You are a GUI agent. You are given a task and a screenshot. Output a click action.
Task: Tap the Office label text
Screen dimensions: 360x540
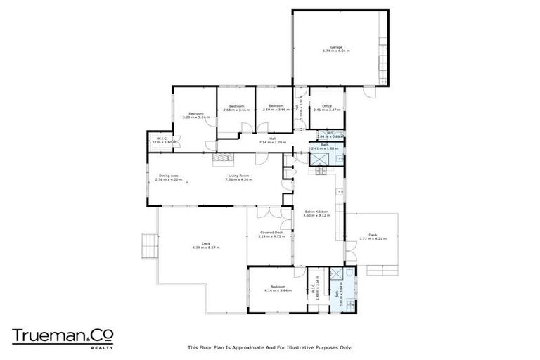tap(327, 106)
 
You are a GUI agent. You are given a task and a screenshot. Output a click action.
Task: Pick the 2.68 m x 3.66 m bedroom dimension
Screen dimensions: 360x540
tap(236, 110)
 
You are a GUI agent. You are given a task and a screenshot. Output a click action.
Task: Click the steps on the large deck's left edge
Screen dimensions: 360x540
tap(150, 245)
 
